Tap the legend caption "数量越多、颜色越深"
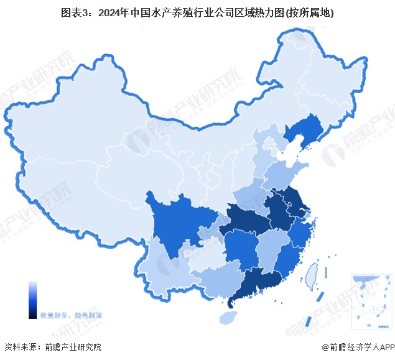(x=71, y=315)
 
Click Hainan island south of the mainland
(x=228, y=317)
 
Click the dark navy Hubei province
(x=246, y=221)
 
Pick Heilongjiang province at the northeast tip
(x=323, y=75)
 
